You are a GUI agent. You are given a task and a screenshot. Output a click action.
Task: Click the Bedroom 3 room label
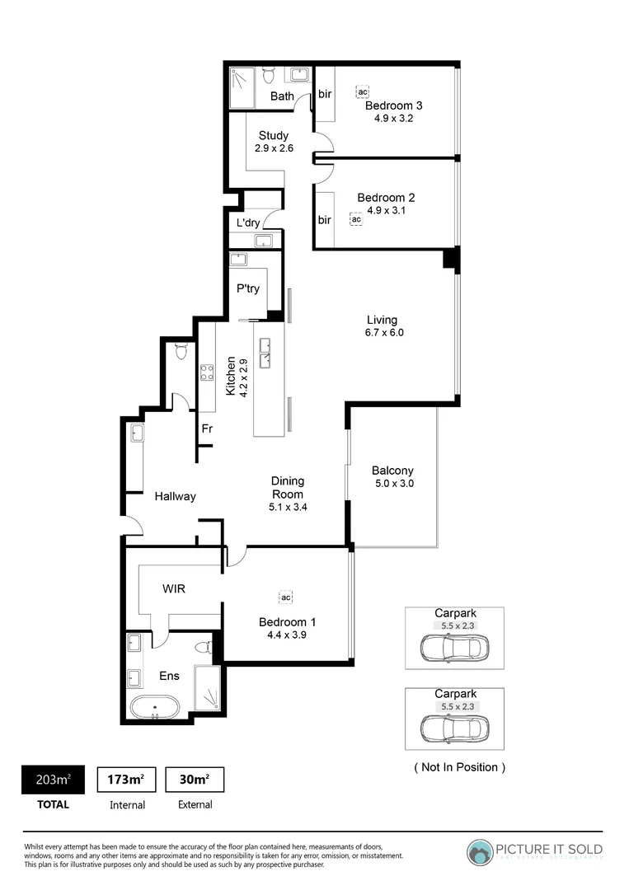[x=393, y=105]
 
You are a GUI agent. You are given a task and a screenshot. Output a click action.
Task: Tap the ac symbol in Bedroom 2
[x=356, y=220]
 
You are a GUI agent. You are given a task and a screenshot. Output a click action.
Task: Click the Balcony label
[x=392, y=471]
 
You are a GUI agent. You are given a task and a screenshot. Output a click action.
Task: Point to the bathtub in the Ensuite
[x=154, y=707]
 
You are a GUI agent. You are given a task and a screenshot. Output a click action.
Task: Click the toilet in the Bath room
[x=268, y=76]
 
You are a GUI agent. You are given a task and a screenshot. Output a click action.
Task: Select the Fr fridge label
[x=208, y=429]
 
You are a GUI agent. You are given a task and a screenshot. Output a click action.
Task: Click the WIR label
[x=173, y=589]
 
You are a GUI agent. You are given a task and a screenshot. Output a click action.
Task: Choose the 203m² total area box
[x=52, y=780]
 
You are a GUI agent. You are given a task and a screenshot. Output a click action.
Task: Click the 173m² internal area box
[x=127, y=780]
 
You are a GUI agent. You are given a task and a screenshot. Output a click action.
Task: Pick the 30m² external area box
[x=195, y=780]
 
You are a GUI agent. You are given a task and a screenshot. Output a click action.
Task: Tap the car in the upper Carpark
[x=453, y=647]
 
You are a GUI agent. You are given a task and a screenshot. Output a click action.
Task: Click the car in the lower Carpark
[x=453, y=728]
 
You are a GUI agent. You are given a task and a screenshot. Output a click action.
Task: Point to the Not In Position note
[x=459, y=767]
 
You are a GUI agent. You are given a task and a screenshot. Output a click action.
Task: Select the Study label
[x=273, y=136]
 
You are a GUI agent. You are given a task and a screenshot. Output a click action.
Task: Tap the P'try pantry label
[x=248, y=288]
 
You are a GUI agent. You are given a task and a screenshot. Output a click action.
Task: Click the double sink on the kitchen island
[x=266, y=352]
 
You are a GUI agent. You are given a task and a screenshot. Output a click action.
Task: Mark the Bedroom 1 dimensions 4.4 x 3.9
[x=287, y=635]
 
